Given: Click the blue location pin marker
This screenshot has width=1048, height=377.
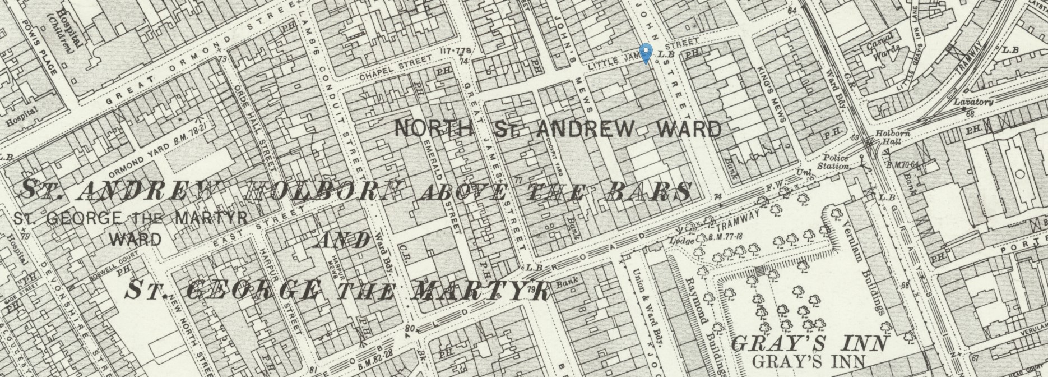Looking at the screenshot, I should pos(646,53).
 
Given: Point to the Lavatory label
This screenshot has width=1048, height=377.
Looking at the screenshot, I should pos(973,102).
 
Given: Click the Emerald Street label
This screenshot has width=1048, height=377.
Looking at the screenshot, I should pos(442,185).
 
